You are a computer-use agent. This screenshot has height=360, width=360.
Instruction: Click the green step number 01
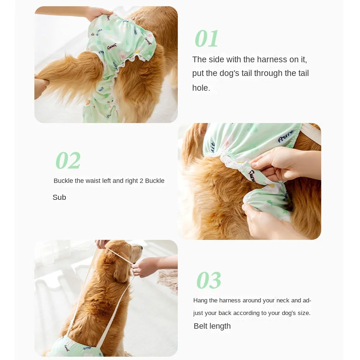tap(207, 39)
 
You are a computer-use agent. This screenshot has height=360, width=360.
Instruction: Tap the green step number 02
tap(68, 161)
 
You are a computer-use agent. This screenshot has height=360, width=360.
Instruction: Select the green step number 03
tap(209, 280)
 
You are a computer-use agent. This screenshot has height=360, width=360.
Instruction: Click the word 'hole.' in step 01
tap(201, 88)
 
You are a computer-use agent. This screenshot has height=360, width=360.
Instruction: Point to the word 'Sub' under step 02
tap(59, 197)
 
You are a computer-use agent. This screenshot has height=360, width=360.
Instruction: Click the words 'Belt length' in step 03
tap(212, 326)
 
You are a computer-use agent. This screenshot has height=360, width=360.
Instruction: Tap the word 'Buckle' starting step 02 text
tap(63, 181)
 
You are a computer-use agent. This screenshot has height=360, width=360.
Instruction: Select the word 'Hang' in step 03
tap(201, 300)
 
